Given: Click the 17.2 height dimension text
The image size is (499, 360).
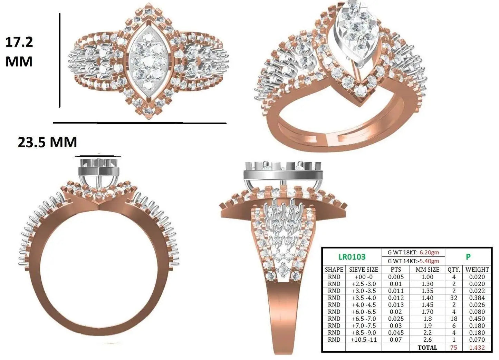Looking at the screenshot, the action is (19, 42).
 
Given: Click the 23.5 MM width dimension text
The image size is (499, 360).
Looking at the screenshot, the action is (47, 142).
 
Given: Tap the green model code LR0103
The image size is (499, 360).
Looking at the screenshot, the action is (352, 257).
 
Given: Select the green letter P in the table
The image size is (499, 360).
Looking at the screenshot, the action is (468, 257).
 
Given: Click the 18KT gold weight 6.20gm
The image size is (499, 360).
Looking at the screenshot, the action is (429, 252).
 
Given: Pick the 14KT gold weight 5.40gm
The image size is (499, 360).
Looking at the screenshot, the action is (429, 261).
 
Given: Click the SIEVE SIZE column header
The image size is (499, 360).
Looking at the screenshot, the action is (364, 270).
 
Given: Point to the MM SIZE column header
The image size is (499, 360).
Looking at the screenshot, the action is (427, 270).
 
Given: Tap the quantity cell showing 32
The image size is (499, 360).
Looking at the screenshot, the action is (454, 298).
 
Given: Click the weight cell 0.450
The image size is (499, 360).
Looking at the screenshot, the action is (477, 319).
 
